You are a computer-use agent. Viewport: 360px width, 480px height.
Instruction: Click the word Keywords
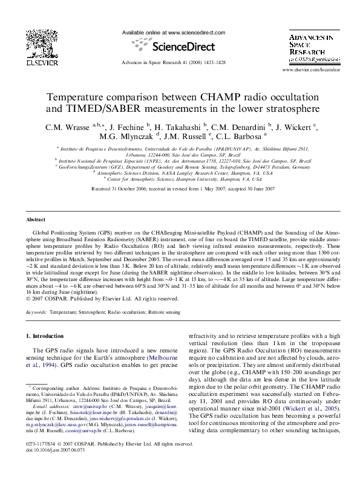click(36, 312)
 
